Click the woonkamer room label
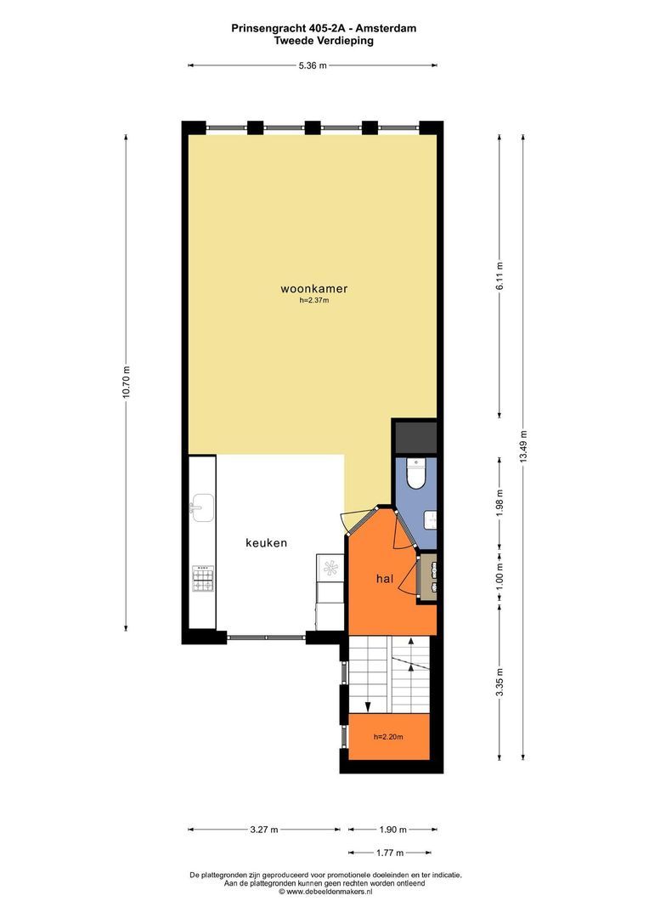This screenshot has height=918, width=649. [x=314, y=289]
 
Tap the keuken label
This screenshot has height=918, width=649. [x=266, y=542]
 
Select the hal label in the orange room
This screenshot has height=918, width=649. [x=385, y=579]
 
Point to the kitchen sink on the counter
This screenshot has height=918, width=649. [x=202, y=507]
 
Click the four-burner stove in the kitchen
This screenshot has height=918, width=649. [x=203, y=579]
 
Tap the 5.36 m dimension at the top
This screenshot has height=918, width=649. [x=313, y=65]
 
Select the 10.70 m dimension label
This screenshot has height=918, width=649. [x=126, y=382]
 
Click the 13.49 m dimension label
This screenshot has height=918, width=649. [x=523, y=447]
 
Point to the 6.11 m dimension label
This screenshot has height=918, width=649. [x=499, y=275]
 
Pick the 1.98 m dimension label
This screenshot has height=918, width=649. [x=499, y=502]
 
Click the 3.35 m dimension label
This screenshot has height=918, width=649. [x=499, y=682]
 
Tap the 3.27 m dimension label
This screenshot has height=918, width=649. [x=264, y=829]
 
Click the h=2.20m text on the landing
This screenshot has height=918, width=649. [x=388, y=736]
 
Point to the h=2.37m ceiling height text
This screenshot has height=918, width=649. [x=314, y=301]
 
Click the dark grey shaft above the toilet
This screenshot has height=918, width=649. [x=415, y=437]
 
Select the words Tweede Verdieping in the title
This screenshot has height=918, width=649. [x=324, y=41]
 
